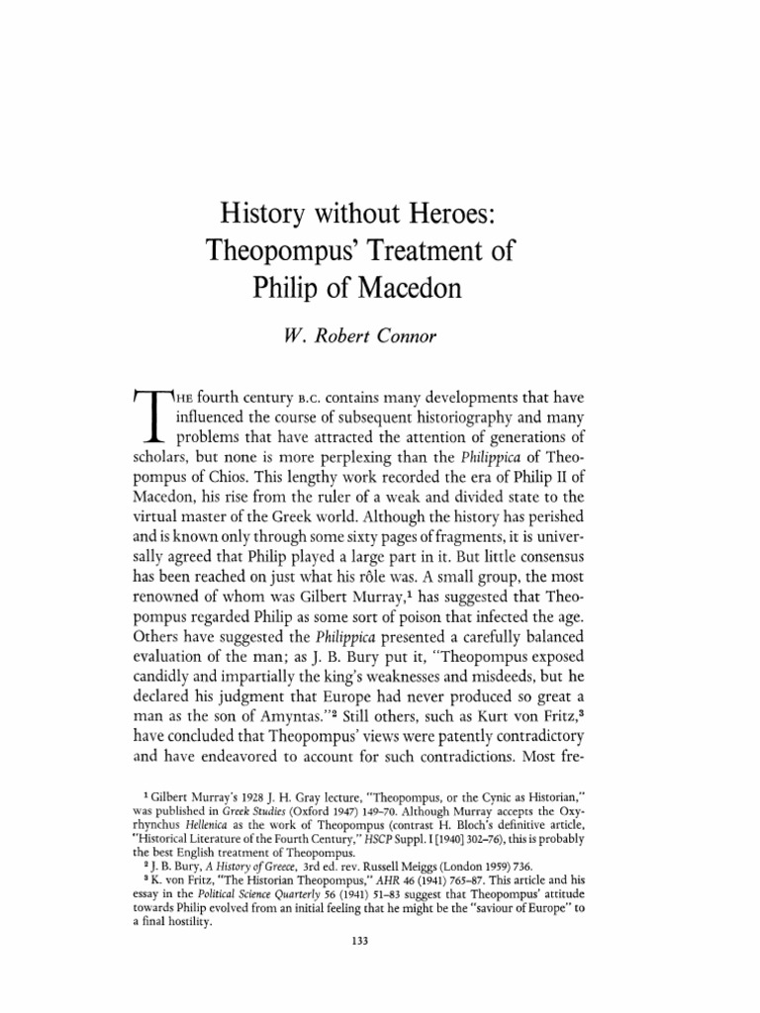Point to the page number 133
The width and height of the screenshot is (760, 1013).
pyautogui.click(x=359, y=940)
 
